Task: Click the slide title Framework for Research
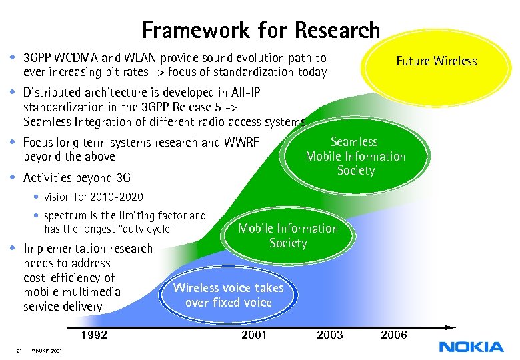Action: (261, 30)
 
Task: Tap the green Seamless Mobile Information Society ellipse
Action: (355, 156)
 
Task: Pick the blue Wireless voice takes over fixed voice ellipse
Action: (228, 295)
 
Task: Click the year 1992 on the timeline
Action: (94, 335)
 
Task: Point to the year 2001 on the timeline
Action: (254, 335)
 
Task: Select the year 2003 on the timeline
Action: (330, 335)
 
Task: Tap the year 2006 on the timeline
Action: (393, 335)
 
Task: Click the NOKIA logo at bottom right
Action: (471, 346)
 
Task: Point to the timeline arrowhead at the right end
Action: (451, 327)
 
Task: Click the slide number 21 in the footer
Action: (19, 351)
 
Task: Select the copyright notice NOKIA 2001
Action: (47, 351)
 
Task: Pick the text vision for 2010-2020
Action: (93, 197)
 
